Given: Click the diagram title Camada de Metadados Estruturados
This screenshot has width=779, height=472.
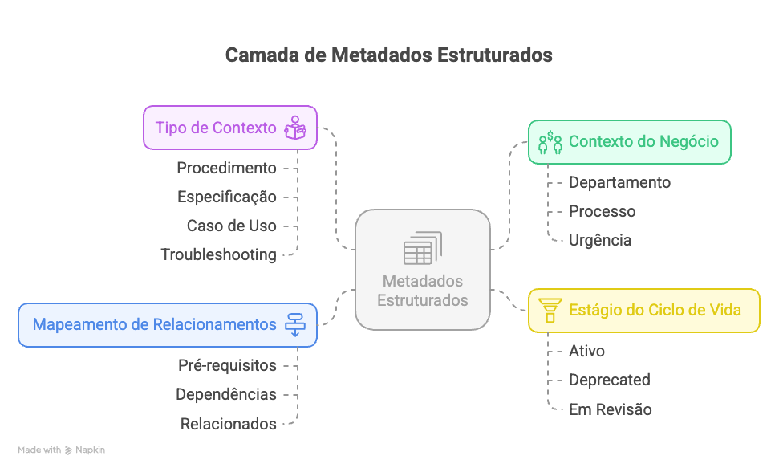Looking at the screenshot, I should pos(388,55).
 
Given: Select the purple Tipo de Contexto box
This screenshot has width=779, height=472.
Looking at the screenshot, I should pos(229,128).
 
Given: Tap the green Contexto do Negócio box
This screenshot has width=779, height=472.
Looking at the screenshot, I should pos(629,142).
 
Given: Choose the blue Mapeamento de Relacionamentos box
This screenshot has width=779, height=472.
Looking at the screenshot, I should pos(167,325).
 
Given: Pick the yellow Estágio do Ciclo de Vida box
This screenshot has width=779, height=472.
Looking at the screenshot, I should pos(643,310).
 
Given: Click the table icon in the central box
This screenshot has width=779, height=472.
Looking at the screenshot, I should pos(422,248).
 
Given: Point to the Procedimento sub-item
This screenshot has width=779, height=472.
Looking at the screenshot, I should pos(226,168).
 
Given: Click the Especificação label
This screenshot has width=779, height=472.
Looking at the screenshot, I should pos(226,197).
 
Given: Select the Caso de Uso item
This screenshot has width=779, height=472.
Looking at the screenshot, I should pos(231,226).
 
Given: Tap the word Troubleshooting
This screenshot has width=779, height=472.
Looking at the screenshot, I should pos(218,254).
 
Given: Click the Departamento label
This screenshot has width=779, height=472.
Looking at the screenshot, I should pos(619,182).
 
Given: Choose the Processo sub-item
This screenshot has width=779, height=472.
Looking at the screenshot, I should pos(602,211).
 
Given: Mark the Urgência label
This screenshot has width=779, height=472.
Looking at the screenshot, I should pos(600,240).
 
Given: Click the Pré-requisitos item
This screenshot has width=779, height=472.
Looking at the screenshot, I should pos(227,365).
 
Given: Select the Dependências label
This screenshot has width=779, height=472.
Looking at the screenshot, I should pos(226,394).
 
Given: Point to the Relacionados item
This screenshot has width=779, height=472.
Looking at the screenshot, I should pos(228,424).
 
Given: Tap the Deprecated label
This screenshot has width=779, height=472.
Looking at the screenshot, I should pos(609,380).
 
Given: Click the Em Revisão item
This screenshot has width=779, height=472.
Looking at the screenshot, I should pos(610,409).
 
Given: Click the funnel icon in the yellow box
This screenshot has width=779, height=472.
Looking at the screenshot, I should pos(550,310).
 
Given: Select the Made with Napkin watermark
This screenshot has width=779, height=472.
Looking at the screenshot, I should pos(62,450).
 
